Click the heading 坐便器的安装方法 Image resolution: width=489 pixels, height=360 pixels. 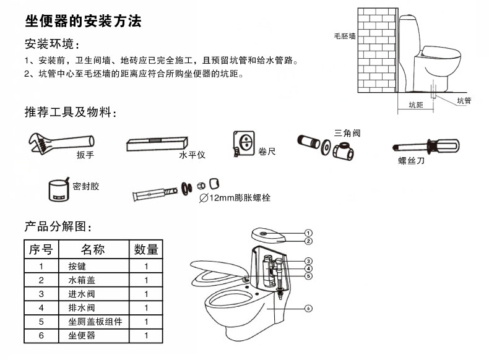click(x=83, y=22)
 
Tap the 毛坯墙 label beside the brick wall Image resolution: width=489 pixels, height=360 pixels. click(x=344, y=37)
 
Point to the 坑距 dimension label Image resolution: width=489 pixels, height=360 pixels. click(x=415, y=105)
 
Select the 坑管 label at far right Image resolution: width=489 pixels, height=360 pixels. click(x=464, y=100)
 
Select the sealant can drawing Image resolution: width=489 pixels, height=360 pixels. click(x=59, y=189)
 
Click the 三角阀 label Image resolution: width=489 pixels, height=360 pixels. click(x=347, y=132)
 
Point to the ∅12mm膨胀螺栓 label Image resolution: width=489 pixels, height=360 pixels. click(x=235, y=198)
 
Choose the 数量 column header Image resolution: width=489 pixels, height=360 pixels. click(x=146, y=249)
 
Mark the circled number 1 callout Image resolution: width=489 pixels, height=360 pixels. click(x=308, y=233)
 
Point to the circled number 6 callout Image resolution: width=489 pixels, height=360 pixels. click(x=308, y=307)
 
